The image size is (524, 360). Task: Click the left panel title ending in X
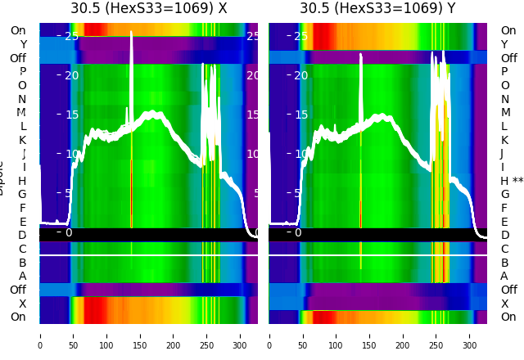(x=148, y=9)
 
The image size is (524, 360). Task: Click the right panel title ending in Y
(x=377, y=9)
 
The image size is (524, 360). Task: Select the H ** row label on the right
(x=512, y=181)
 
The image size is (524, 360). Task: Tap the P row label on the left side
(x=22, y=72)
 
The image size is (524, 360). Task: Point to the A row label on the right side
(x=504, y=277)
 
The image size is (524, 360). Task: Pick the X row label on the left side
(x=22, y=304)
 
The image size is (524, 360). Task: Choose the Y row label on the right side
(x=504, y=44)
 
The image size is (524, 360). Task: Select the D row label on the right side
(x=504, y=236)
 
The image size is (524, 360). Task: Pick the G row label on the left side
(x=22, y=195)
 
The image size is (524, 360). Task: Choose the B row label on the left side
(x=22, y=263)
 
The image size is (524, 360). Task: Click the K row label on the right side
(x=504, y=140)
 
